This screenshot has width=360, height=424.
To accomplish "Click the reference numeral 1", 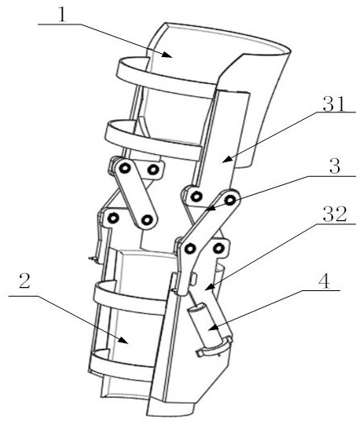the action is pyautogui.click(x=62, y=15).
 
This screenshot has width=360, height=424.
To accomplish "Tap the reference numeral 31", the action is pyautogui.click(x=334, y=104).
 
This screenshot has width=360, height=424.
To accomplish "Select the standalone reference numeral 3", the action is pyautogui.click(x=335, y=166).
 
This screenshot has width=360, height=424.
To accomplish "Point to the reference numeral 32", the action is pyautogui.click(x=335, y=214).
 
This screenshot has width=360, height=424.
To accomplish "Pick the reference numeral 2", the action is pyautogui.click(x=24, y=281).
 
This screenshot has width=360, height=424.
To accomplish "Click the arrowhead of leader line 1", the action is pyautogui.click(x=168, y=55).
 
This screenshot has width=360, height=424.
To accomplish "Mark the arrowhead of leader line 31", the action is pyautogui.click(x=225, y=160).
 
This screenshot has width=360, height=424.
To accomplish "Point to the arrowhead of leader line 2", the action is pyautogui.click(x=124, y=340).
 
